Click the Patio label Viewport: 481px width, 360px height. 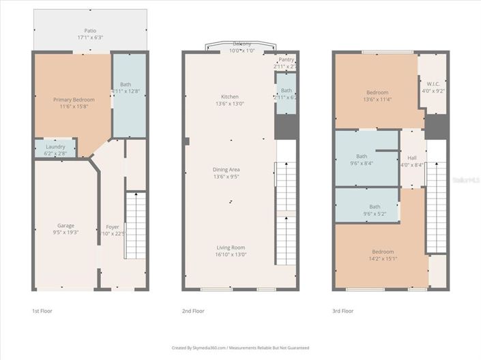click(90, 31)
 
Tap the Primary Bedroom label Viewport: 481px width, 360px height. click(74, 100)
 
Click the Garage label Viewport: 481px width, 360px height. click(65, 226)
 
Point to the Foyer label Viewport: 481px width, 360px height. click(112, 227)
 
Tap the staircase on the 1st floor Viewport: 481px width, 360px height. click(136, 225)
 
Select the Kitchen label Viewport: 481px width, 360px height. click(229, 96)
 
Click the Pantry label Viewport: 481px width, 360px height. click(286, 59)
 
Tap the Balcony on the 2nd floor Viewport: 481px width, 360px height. click(242, 46)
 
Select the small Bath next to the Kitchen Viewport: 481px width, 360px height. click(286, 90)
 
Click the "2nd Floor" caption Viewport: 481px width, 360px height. click(193, 311)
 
